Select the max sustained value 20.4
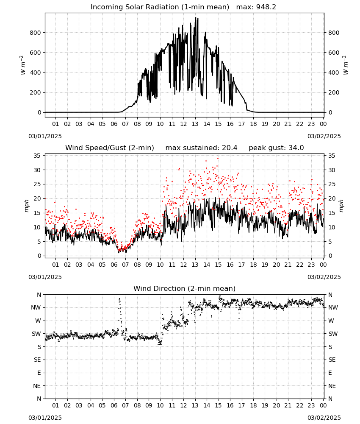pos(230,148)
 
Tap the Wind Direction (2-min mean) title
pos(185,288)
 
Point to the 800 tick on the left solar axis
pos(36,33)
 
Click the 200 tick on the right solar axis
pos(334,92)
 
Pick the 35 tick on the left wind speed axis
pos(37,156)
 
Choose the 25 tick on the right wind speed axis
pos(332,184)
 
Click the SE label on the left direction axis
pos(37,360)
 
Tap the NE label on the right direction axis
pos(332,386)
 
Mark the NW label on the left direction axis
pos(36,308)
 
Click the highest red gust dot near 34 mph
pos(218,158)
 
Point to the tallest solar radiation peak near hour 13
pos(196,18)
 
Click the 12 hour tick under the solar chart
pos(183,124)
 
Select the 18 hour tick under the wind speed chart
pos(253,265)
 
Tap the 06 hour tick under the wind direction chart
pos(114,405)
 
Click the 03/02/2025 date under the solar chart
pos(324,136)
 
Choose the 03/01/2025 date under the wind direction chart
pos(45,418)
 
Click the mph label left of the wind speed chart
pos(26,206)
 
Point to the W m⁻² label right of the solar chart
pos(346,65)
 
